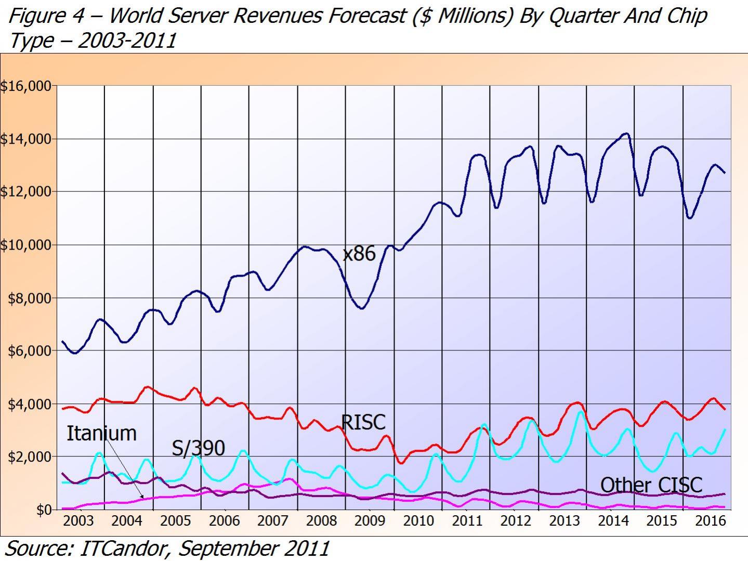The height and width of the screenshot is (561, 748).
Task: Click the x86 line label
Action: coord(359,254)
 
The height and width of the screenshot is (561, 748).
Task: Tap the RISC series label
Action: coord(363,422)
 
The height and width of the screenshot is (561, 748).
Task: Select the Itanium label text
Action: coord(101,433)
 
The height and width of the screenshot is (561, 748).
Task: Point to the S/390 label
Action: coord(199,448)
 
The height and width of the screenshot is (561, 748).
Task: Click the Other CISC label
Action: coord(651,485)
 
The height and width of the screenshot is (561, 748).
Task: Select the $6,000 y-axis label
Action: coord(29,351)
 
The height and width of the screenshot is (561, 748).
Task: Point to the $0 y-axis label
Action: coord(44,510)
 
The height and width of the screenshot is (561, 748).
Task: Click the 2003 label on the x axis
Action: coord(78,521)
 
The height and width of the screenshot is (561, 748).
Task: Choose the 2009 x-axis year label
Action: coord(370,521)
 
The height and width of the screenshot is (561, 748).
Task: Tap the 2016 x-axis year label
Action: coord(710,521)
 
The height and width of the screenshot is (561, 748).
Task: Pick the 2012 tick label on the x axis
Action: coord(515,521)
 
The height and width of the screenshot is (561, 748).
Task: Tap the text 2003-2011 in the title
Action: coord(127,40)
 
